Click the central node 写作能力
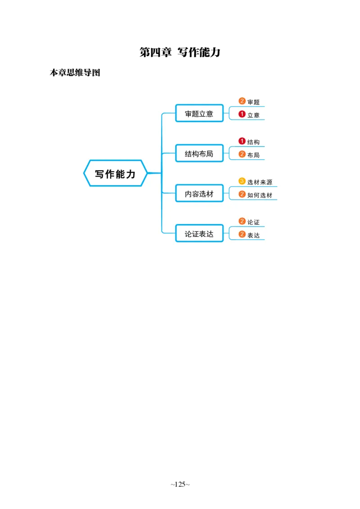coord(115,174)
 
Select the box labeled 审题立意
coord(199,114)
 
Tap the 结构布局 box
coord(199,154)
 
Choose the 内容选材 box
coord(199,194)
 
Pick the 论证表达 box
coord(199,234)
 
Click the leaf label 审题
coord(253,102)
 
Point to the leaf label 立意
coord(253,115)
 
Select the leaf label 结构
coord(253,142)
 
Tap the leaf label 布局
coord(253,155)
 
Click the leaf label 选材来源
coord(260,182)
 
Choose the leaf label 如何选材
coord(260,195)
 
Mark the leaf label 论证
coord(253,222)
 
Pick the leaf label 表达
coord(253,235)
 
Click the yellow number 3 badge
coord(242,181)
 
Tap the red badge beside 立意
coord(242,114)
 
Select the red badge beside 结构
coord(242,141)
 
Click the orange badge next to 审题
coord(242,101)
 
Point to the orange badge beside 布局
coord(242,154)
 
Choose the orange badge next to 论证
coord(242,221)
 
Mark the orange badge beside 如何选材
coord(242,194)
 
